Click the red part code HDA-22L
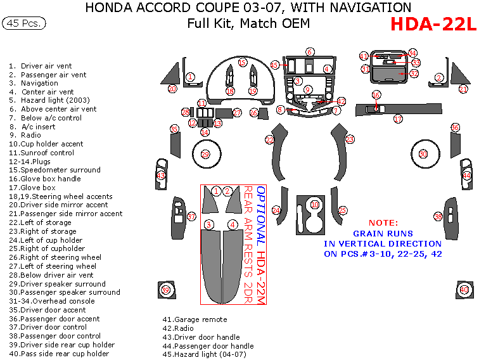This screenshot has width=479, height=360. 433,24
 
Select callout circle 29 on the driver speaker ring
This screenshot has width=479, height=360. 205,154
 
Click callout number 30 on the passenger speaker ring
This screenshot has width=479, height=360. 423,154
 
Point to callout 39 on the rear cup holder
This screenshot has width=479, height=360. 166,290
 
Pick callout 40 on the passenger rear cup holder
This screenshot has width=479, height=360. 464,290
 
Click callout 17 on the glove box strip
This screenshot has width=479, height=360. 398,119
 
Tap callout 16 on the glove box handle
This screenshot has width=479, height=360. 376,95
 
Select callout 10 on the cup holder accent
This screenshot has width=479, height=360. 315,205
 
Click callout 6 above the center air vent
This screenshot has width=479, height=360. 310,52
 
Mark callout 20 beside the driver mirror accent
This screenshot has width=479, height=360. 172,89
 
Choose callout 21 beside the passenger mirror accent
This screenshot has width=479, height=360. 463,89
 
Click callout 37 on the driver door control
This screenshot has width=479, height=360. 191,217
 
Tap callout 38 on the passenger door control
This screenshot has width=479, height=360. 437,217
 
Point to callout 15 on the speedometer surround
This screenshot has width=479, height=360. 242,62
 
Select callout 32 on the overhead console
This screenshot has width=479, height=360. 414,74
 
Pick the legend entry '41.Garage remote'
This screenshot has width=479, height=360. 195,320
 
